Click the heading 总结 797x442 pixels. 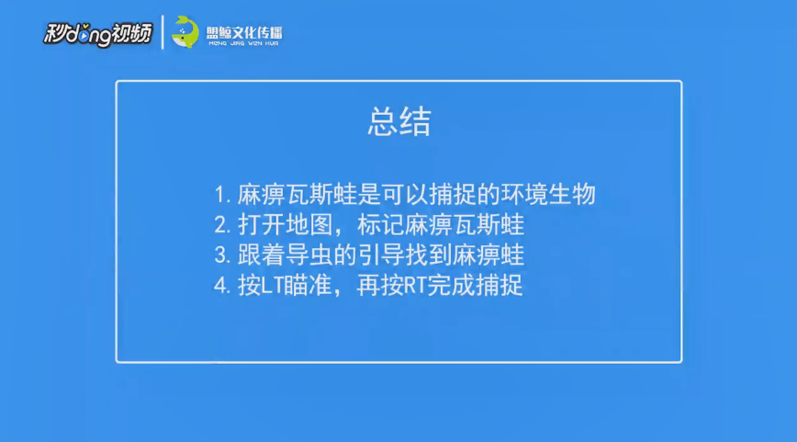[x=399, y=122]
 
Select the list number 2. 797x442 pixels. [x=222, y=225]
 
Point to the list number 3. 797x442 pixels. [x=222, y=255]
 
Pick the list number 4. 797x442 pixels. [x=222, y=286]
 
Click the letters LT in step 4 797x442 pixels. [x=272, y=286]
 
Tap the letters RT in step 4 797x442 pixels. [x=415, y=286]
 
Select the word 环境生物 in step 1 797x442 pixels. [x=548, y=194]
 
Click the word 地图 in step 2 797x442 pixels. [x=309, y=225]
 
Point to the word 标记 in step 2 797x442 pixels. [x=381, y=225]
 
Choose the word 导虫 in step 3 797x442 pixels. [x=309, y=255]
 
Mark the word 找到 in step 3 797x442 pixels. [x=429, y=255]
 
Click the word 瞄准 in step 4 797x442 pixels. [x=307, y=286]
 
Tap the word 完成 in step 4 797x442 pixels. [x=450, y=286]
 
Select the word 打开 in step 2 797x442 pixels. [x=262, y=225]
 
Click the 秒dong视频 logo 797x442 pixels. [x=97, y=34]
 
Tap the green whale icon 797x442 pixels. [x=185, y=32]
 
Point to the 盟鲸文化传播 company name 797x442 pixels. [x=244, y=32]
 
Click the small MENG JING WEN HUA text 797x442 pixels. [x=244, y=44]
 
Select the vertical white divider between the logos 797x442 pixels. [x=163, y=32]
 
